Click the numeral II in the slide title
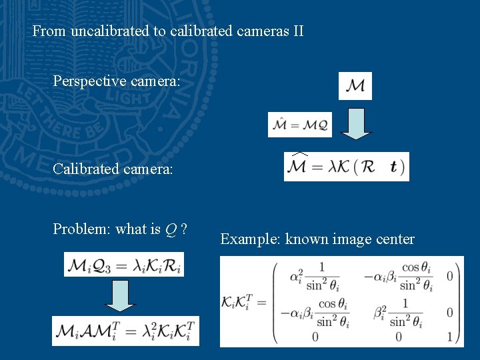[x=297, y=31]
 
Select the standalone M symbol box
[x=355, y=86]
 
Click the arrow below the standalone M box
[x=359, y=124]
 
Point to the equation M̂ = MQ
[x=299, y=125]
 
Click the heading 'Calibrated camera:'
[x=113, y=170]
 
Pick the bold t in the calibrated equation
[x=394, y=167]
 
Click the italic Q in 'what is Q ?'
[x=171, y=229]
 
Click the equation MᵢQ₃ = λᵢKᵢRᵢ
[x=123, y=265]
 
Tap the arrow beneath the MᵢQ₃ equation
[x=120, y=296]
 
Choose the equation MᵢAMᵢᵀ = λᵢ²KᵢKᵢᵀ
[x=125, y=331]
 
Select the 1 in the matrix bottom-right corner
[x=451, y=337]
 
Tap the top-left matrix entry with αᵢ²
[x=315, y=275]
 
